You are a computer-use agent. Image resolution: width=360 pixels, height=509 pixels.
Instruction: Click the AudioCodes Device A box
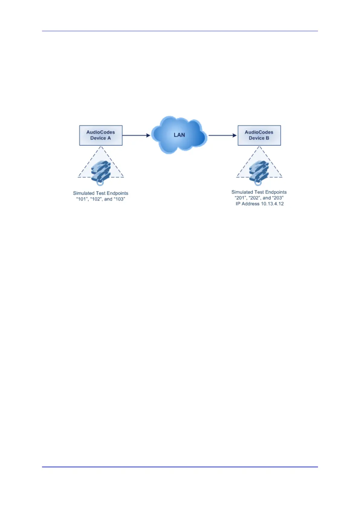click(101, 135)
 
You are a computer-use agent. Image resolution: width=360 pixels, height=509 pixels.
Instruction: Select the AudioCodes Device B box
click(259, 135)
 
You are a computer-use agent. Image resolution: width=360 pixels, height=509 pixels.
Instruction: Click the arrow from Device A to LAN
click(136, 135)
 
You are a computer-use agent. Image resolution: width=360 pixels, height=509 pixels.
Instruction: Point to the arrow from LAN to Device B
click(222, 135)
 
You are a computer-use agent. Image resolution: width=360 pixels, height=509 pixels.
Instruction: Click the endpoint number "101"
click(82, 199)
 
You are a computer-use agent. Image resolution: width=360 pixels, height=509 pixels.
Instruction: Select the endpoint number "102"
click(96, 199)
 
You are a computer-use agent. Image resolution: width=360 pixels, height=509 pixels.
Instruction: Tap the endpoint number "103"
click(119, 199)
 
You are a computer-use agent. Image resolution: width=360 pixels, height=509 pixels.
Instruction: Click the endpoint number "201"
click(240, 198)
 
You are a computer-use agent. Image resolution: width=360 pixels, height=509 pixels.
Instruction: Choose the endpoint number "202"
click(254, 198)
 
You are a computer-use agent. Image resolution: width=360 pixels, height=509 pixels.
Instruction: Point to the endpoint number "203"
click(278, 198)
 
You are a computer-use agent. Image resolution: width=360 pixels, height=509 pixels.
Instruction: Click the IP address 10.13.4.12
click(271, 204)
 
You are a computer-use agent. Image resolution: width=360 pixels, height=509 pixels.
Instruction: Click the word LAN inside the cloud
click(179, 135)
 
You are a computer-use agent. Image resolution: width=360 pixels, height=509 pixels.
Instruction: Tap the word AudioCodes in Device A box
click(101, 132)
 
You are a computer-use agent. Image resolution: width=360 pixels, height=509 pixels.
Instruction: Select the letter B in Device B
click(267, 138)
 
